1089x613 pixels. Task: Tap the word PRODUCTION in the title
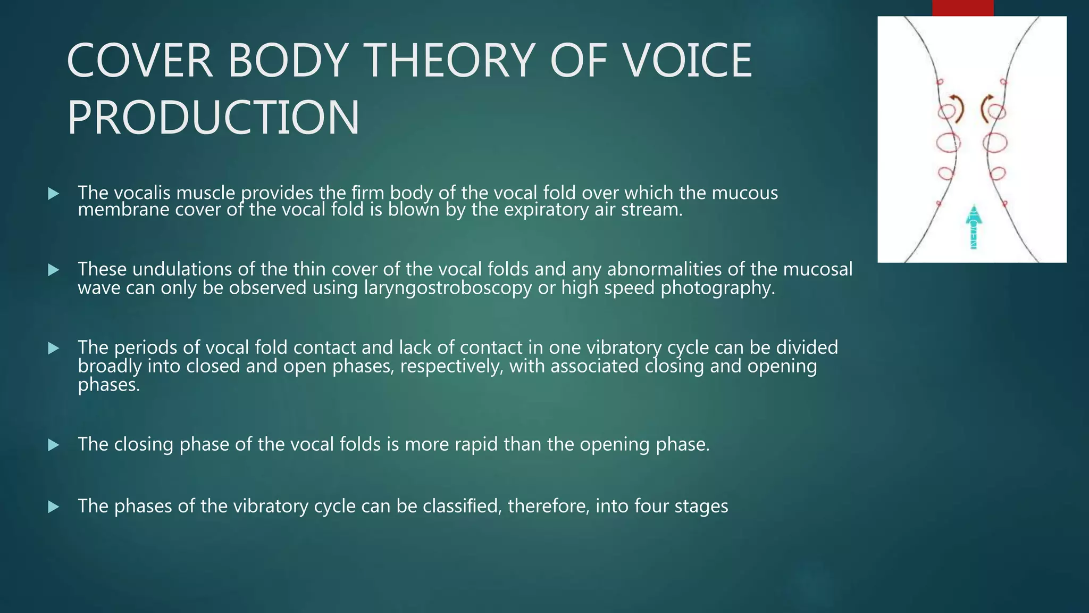(213, 118)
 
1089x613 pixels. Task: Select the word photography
(717, 288)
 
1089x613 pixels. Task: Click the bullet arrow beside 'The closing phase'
(53, 445)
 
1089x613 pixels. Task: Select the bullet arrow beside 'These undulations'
(53, 270)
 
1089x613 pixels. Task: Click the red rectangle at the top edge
(962, 8)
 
